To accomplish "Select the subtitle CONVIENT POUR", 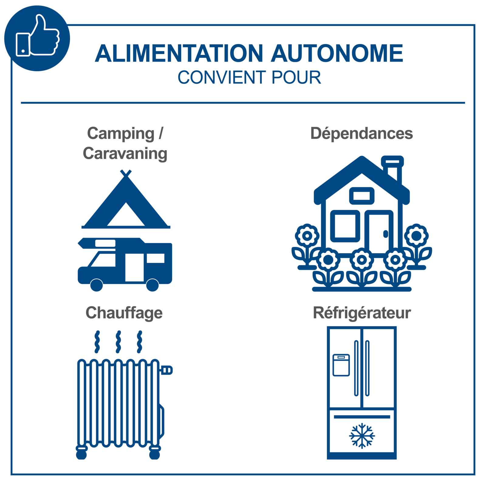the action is point(249,77).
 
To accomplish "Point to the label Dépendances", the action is point(361,134).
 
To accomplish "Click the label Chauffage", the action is point(124,313).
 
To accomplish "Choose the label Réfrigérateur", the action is point(362,313).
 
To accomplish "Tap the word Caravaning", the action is point(125,153).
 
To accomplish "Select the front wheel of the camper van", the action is point(97,285).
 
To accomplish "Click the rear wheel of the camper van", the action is point(152,285).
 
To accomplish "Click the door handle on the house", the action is point(386,234).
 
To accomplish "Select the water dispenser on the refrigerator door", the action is point(341,365).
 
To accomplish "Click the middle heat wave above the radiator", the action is point(118,342).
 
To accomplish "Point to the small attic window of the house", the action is point(361,196).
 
